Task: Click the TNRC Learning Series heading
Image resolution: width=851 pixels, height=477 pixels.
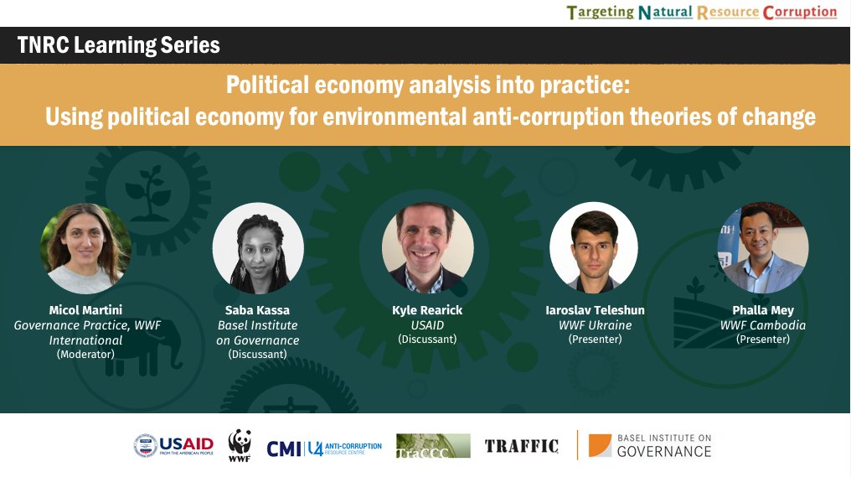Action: tap(118, 45)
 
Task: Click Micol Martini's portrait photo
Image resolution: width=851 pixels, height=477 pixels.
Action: tap(85, 248)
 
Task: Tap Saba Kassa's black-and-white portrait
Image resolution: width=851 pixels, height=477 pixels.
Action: tap(257, 248)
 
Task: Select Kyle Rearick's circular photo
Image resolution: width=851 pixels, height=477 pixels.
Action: tap(427, 248)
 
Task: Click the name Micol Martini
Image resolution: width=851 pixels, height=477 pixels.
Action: tap(85, 310)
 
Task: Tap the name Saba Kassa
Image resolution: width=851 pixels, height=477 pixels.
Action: tap(257, 310)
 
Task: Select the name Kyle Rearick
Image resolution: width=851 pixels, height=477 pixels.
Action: tap(427, 310)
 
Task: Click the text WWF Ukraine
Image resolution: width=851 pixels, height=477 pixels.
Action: tap(595, 325)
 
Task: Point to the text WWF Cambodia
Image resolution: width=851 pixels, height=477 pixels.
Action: tap(762, 325)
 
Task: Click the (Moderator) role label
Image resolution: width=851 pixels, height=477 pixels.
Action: tap(85, 355)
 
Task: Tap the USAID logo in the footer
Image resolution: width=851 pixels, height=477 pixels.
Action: tap(173, 445)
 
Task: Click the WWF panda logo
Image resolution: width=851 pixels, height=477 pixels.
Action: tap(240, 445)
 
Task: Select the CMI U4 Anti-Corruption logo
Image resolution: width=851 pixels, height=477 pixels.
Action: tap(324, 448)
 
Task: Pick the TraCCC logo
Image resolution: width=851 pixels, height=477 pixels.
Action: tap(427, 446)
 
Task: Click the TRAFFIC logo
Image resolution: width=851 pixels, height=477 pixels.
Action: tap(521, 446)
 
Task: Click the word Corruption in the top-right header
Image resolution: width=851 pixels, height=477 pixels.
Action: tap(799, 13)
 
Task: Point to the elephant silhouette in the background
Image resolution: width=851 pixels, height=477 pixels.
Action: tap(134, 344)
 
